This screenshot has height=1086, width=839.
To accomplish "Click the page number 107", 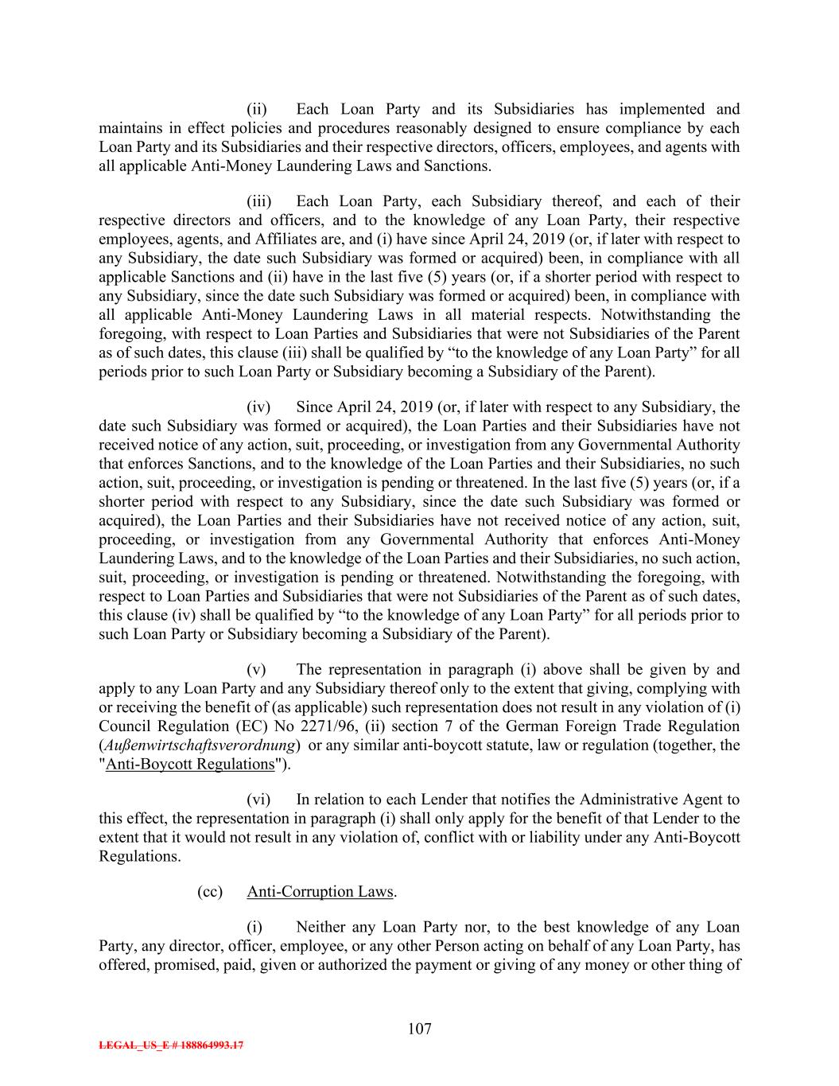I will [x=419, y=1029].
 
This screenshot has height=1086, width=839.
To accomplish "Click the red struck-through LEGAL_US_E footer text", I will [x=171, y=1045].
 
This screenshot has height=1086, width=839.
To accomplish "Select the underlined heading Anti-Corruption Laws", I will [x=320, y=891].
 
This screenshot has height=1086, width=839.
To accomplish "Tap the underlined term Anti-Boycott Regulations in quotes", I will [x=189, y=764].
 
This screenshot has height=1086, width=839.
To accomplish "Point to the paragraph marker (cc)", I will [x=210, y=891].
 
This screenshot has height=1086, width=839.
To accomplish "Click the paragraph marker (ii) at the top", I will [x=256, y=109].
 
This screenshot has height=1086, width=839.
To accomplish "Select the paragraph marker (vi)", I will [x=258, y=799].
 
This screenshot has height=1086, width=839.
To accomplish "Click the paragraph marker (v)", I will [x=256, y=669].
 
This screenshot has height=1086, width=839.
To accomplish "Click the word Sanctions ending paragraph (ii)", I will [x=457, y=165].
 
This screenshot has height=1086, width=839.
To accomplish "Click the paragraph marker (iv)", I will [x=258, y=407].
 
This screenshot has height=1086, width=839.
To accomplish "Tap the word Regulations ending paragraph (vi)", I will [x=138, y=856].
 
